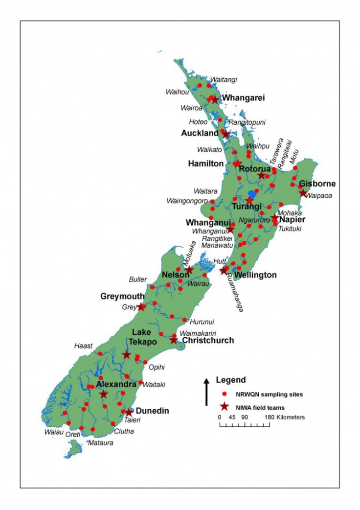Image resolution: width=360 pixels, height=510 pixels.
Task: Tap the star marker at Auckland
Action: coord(225,133)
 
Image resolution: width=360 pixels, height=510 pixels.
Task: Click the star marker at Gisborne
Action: coord(303,193)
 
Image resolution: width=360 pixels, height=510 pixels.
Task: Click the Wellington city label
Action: coord(255,275)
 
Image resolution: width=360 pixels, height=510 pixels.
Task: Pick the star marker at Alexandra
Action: coord(104,394)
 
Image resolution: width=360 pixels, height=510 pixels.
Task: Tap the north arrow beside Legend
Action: coord(206,384)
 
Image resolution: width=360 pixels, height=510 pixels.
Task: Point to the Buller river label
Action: coord(137,279)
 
